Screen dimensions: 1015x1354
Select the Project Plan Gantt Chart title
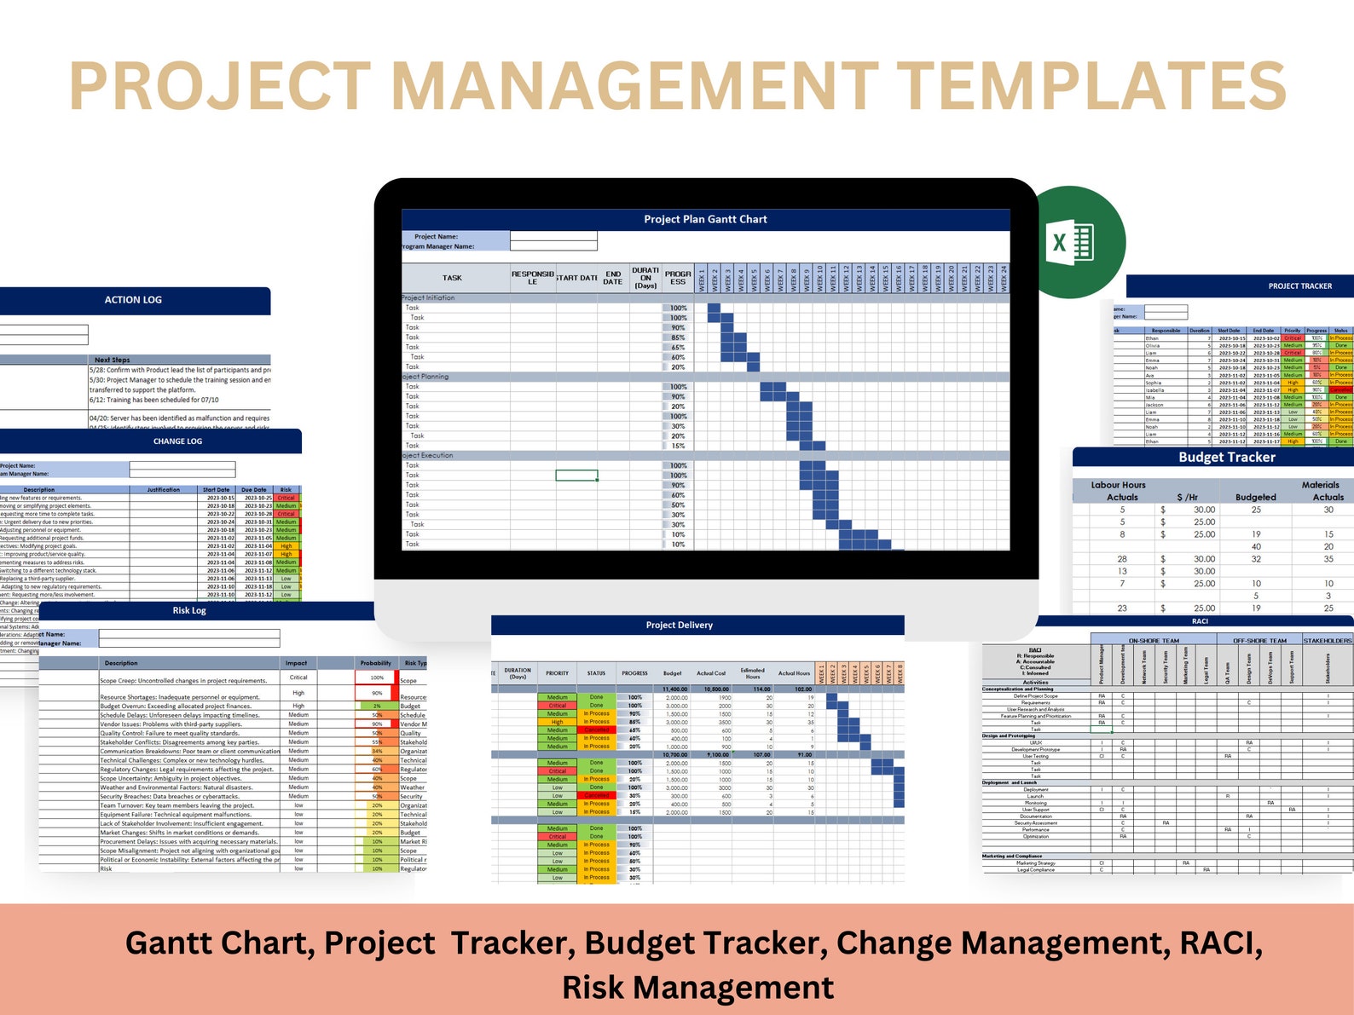pyautogui.click(x=705, y=219)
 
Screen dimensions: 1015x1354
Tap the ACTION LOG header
pyautogui.click(x=133, y=300)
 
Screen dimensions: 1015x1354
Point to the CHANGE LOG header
pyautogui.click(x=177, y=441)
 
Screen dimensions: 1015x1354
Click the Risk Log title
pyautogui.click(x=189, y=610)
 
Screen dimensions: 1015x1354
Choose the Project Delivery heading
pyautogui.click(x=679, y=625)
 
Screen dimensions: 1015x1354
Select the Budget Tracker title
pyautogui.click(x=1226, y=457)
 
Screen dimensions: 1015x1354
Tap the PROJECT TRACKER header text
pyautogui.click(x=1299, y=286)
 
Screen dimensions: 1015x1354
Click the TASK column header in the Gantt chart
pyautogui.click(x=452, y=278)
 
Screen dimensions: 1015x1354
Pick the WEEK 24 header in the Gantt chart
pyautogui.click(x=1004, y=278)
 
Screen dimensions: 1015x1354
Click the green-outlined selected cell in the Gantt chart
pyautogui.click(x=576, y=476)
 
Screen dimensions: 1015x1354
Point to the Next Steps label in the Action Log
pyautogui.click(x=112, y=360)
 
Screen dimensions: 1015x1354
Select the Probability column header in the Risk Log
pyautogui.click(x=375, y=663)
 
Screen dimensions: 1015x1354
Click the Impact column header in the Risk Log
pyautogui.click(x=297, y=663)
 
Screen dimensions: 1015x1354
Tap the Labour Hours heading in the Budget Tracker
pyautogui.click(x=1118, y=485)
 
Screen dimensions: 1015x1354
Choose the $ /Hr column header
pyautogui.click(x=1187, y=497)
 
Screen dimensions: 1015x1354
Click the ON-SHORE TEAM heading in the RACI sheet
pyautogui.click(x=1154, y=640)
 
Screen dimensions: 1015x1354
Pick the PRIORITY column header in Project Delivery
pyautogui.click(x=557, y=673)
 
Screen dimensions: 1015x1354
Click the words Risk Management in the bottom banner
pyautogui.click(x=697, y=987)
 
